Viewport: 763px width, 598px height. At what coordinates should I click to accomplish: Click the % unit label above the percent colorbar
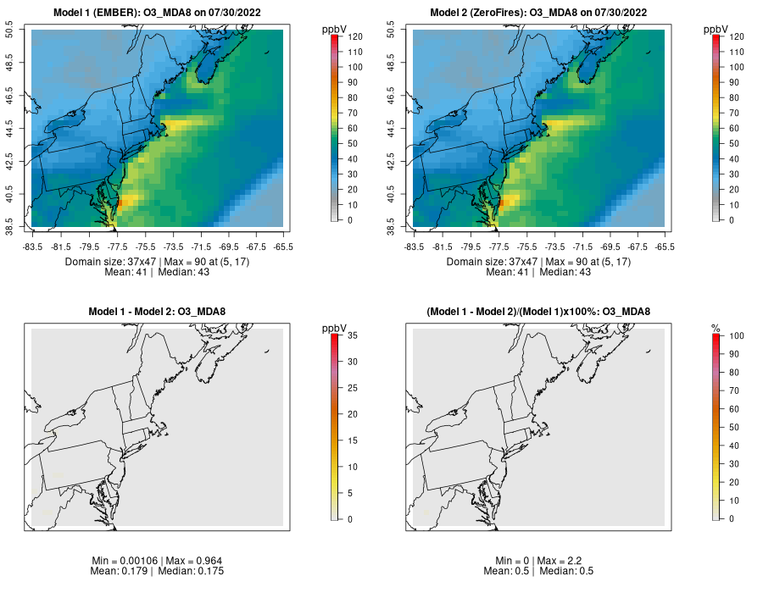(716, 327)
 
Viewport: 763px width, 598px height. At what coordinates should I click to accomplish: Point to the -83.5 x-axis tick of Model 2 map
(414, 246)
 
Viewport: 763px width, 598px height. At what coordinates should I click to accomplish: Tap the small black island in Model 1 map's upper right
(267, 53)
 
